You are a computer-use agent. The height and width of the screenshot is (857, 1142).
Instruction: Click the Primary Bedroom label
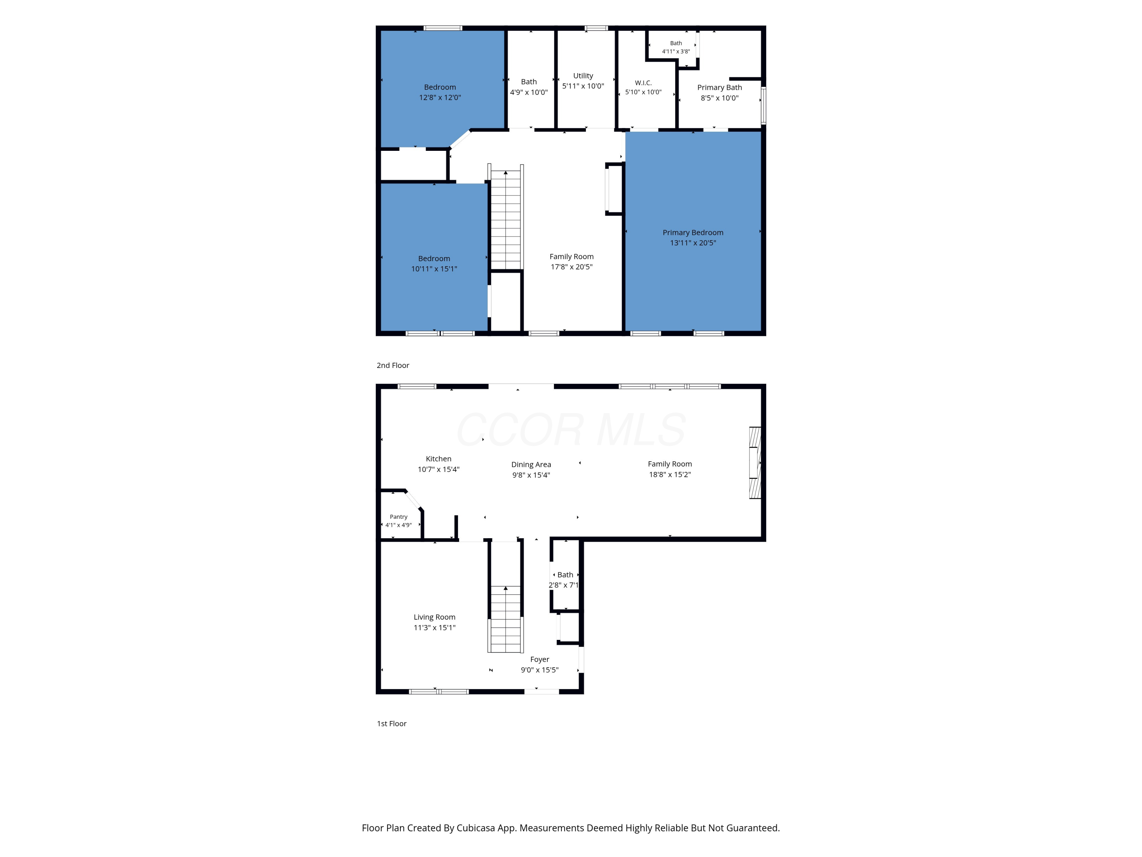click(693, 232)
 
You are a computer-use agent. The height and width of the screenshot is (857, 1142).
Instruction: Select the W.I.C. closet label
click(643, 83)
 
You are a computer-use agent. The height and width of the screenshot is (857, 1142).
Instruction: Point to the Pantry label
click(399, 516)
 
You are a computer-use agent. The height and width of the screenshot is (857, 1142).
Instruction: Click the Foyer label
click(539, 660)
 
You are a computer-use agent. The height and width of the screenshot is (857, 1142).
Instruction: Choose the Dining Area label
click(531, 464)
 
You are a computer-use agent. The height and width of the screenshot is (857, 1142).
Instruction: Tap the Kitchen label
click(438, 459)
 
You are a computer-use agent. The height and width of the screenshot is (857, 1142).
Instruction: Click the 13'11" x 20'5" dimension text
click(693, 243)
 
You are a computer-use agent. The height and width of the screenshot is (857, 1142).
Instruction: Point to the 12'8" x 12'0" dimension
click(440, 98)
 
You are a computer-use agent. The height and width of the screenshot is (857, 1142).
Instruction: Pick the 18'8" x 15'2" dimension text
click(670, 475)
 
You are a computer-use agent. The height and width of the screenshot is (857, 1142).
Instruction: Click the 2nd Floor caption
click(393, 365)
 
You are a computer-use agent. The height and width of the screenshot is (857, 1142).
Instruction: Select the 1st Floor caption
click(392, 724)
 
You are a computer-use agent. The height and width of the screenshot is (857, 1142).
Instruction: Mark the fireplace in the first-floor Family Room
click(755, 462)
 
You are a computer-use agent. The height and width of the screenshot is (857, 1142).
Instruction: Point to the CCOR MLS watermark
click(571, 430)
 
